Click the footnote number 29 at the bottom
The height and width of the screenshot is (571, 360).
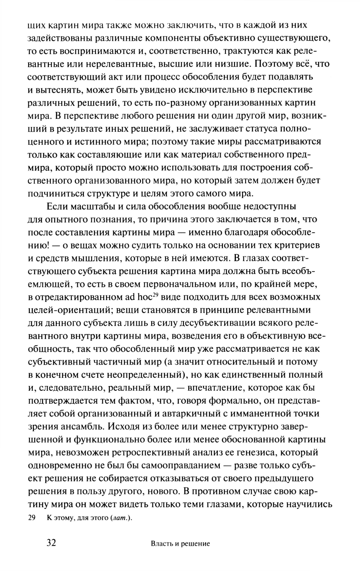coord(31,518)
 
